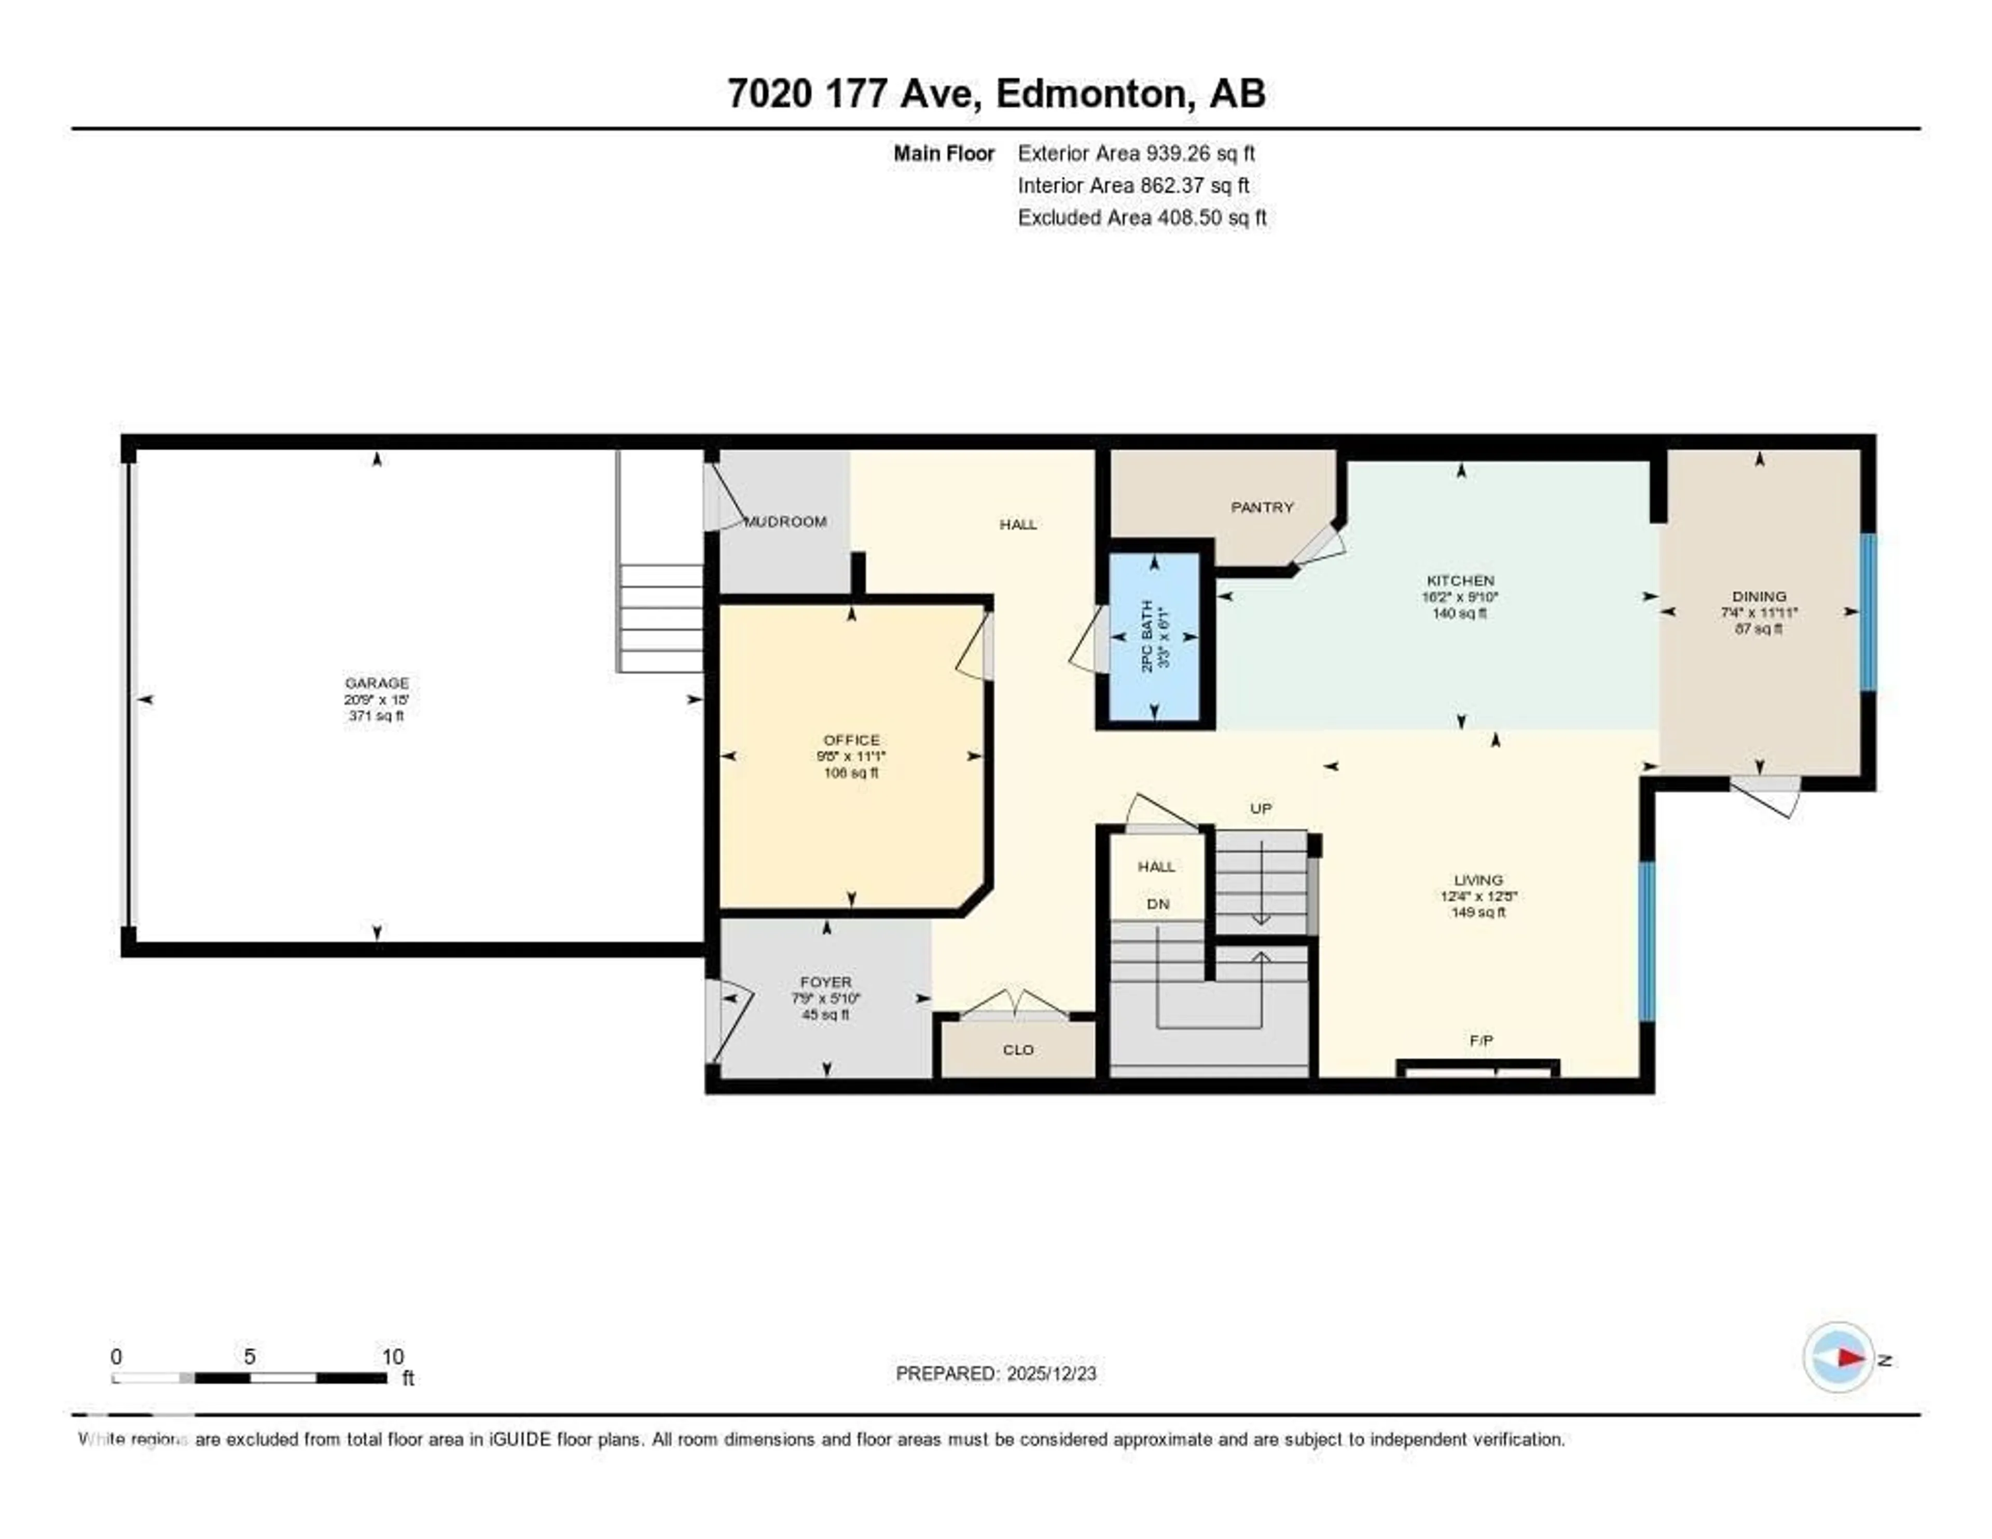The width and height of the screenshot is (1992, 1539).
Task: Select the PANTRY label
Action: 1262,507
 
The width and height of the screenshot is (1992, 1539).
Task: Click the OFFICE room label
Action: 851,740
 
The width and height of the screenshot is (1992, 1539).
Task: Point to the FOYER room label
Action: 825,982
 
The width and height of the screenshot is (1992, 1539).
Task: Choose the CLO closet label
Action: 1018,1050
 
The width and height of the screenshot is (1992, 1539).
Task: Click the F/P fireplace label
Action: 1481,1040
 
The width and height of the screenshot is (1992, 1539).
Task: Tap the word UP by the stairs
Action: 1261,808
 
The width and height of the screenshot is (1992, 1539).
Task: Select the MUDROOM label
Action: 785,522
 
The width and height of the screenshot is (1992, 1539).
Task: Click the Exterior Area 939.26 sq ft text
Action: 1137,153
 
